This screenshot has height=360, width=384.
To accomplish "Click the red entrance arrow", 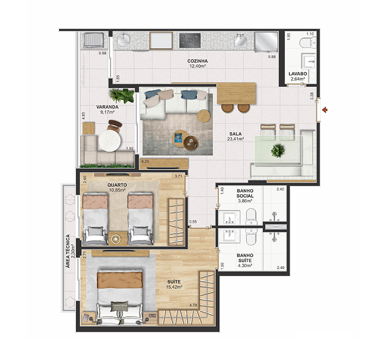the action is [x=325, y=110].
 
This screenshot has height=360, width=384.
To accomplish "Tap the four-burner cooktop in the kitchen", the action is [x=190, y=41].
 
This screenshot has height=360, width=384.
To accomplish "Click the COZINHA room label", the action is [x=197, y=61].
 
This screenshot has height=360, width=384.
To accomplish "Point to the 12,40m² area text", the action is [x=197, y=66].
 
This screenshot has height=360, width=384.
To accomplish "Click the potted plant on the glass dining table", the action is [x=278, y=151].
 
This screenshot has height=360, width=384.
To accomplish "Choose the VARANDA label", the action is [x=107, y=107].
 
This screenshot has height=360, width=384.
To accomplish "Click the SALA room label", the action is [x=235, y=134].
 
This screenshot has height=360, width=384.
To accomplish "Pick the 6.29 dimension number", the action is [x=145, y=162].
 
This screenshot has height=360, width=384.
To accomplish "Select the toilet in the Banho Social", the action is [x=251, y=217].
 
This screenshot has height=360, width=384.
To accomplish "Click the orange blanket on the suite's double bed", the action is [x=120, y=280].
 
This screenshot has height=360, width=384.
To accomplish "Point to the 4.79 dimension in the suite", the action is [x=193, y=305].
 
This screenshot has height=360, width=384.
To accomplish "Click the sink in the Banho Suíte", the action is [x=230, y=235].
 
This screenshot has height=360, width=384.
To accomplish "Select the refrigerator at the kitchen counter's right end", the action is [x=267, y=42].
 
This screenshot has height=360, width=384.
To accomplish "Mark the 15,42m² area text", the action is [x=174, y=287].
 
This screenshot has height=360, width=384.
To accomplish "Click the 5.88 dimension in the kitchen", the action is [x=272, y=57].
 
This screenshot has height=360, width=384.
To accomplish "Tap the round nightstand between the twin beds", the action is [x=115, y=239].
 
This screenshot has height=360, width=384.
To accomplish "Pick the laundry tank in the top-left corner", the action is [x=93, y=41].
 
